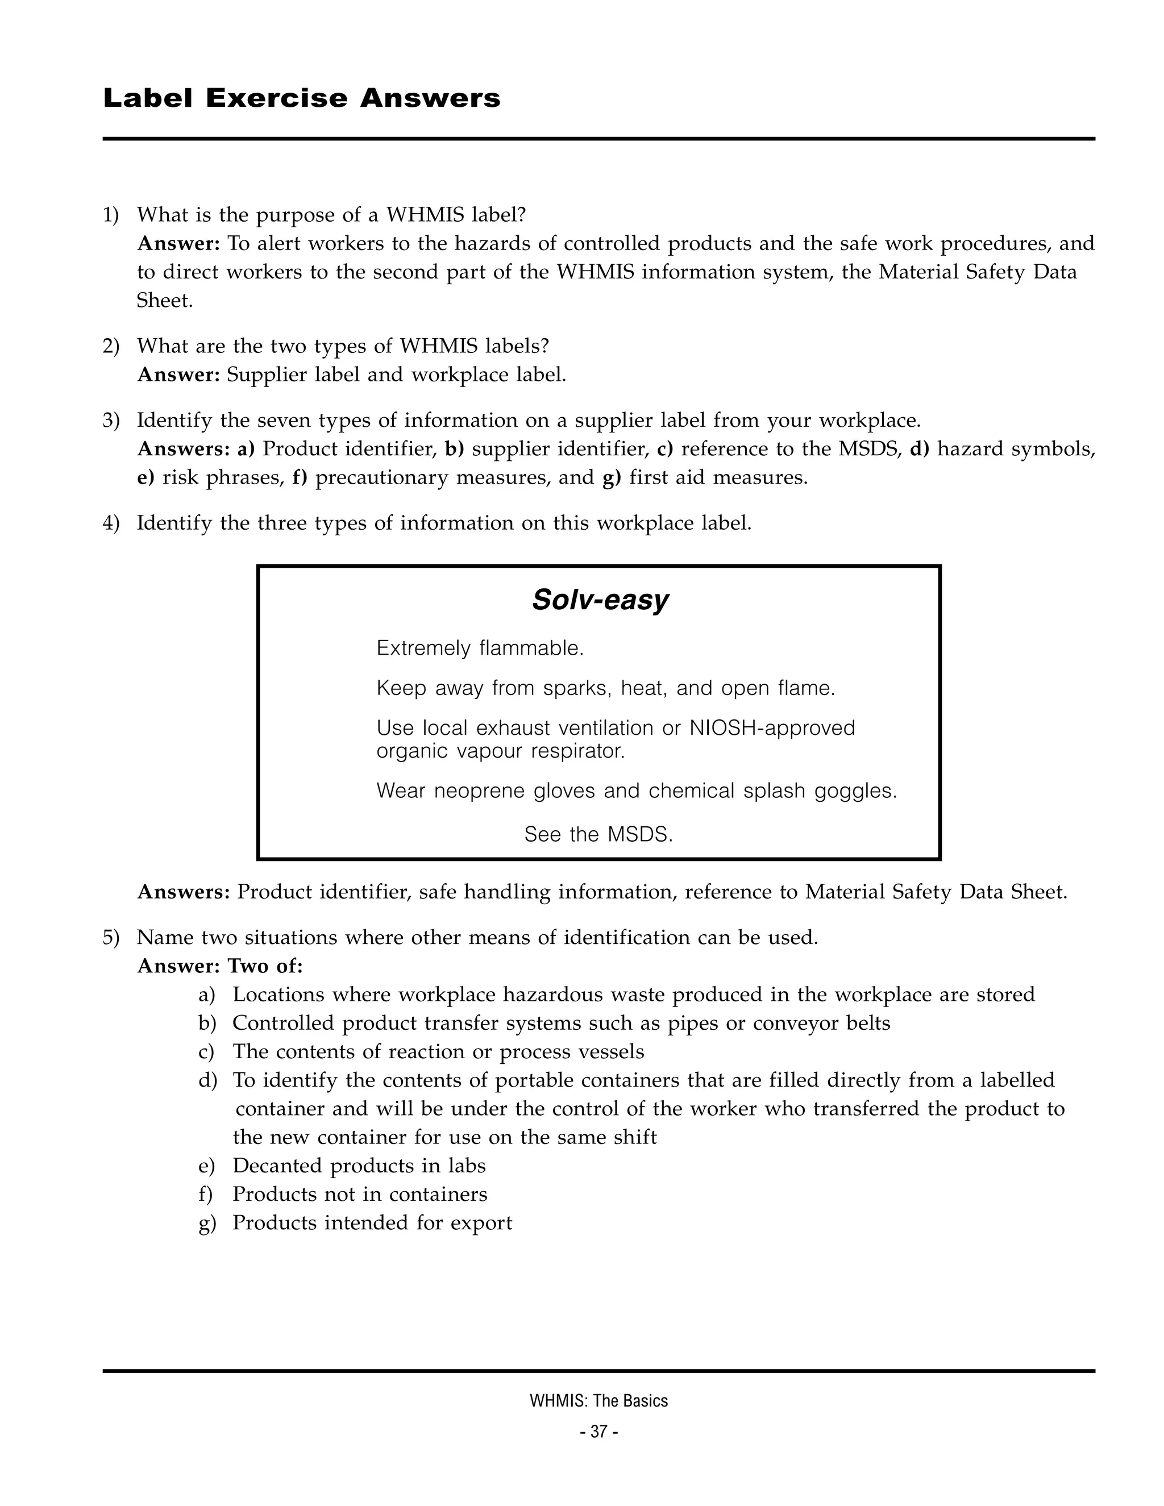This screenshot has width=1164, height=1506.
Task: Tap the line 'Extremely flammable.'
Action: [480, 648]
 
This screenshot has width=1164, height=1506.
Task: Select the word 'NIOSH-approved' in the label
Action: [772, 727]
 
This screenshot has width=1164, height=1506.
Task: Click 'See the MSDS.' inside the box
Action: [598, 834]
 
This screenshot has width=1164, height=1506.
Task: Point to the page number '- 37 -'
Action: [598, 1432]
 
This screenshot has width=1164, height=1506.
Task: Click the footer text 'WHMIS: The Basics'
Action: [598, 1400]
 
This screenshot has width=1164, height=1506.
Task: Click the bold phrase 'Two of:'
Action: [265, 966]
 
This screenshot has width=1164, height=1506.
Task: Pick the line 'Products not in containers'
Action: [359, 1195]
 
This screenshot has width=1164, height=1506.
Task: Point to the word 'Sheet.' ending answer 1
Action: [165, 301]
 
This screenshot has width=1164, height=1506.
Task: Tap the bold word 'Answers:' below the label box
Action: [184, 892]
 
